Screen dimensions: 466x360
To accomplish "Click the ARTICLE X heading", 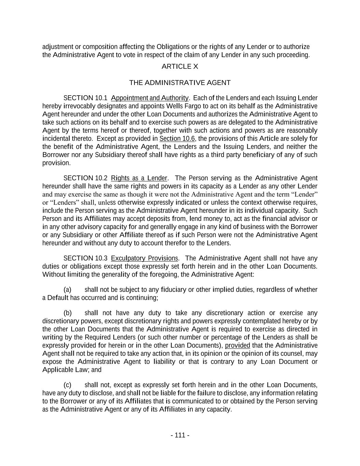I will [180, 67].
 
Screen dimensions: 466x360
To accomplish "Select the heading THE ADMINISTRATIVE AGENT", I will [180, 83].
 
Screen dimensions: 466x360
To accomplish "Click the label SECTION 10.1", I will [85, 98].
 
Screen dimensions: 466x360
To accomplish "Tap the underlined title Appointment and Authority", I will [149, 98].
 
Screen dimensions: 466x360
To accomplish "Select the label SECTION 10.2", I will [85, 178].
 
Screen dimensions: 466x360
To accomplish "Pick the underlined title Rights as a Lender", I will [139, 178].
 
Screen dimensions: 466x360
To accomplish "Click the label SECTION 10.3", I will [85, 258].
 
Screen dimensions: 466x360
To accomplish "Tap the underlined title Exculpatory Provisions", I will [144, 258].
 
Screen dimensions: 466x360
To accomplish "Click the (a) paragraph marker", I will [68, 290].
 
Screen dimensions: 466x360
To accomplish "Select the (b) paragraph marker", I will [68, 313].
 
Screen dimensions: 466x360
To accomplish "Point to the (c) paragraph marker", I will [68, 385].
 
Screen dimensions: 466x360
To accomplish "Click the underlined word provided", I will [237, 345].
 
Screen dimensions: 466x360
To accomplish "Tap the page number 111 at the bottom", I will [180, 435].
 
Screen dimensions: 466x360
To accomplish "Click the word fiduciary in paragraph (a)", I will [173, 290].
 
